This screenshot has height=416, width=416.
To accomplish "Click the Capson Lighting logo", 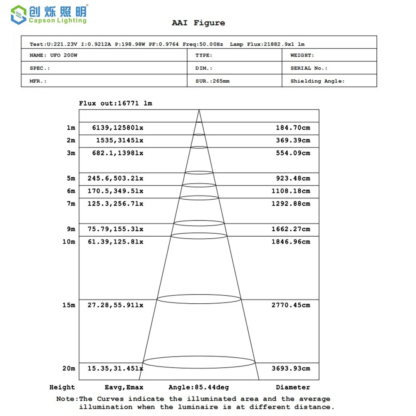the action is click(49, 14).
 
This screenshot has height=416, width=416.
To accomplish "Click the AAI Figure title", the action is click(198, 23).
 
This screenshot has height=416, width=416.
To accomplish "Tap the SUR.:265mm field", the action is click(212, 81).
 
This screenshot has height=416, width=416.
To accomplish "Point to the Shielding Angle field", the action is click(317, 81).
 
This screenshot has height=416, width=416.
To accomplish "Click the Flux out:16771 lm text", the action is click(116, 103).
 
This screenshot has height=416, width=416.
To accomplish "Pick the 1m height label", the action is click(71, 128).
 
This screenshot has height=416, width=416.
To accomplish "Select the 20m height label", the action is click(69, 368).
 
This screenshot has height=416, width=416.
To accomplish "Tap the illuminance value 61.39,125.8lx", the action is click(115, 242).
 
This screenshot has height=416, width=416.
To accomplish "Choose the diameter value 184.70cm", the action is click(293, 128).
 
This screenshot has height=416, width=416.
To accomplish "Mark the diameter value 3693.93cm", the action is click(291, 368).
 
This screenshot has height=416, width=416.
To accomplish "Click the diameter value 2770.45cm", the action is click(291, 305).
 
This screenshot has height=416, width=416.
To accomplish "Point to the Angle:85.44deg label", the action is click(198, 387).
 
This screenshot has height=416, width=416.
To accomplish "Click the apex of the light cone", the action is click(199, 110).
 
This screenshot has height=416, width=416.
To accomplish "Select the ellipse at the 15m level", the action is click(199, 299).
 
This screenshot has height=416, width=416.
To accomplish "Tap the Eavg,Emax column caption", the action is click(124, 387).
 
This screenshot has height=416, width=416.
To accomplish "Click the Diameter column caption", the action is click(293, 387).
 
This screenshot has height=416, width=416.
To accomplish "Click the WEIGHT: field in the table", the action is click(302, 55).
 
